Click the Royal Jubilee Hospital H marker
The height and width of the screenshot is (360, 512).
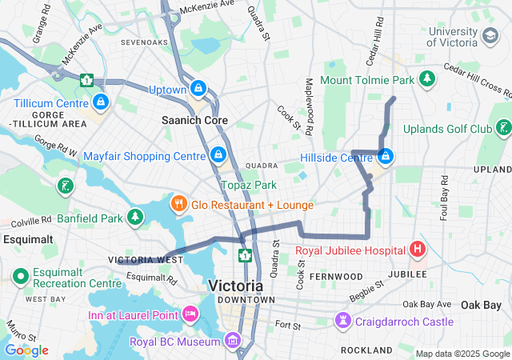point(417,250)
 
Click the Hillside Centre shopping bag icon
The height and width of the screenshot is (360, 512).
point(386,156)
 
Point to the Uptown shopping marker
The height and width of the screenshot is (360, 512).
point(198,89)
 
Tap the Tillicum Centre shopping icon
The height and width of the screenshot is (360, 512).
point(101,102)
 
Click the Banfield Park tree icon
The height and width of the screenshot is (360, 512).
point(137,217)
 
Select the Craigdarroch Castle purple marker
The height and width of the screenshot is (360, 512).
point(343,321)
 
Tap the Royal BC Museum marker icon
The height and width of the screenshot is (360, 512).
point(232,342)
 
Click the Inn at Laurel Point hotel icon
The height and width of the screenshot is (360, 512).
point(190,313)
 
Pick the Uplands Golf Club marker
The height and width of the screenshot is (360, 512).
point(503,128)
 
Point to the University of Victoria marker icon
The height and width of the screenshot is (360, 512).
point(489,36)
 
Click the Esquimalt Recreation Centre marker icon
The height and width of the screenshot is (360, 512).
point(20,277)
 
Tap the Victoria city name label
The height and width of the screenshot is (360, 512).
point(235,286)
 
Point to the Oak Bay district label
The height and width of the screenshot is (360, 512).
point(481,305)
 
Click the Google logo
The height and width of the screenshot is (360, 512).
point(26,350)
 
